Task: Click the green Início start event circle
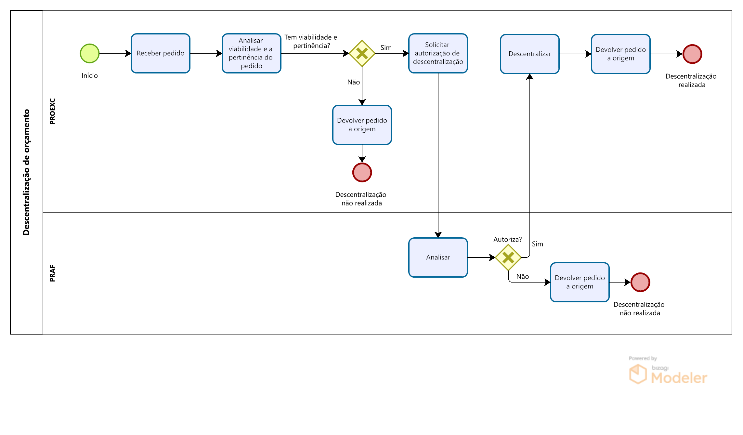90,53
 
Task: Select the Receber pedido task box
161,53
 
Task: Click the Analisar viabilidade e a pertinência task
251,53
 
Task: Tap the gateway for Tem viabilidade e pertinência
362,53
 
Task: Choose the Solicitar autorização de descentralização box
438,53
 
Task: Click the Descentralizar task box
529,54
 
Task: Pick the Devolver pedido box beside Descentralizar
620,54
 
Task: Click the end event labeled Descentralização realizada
692,54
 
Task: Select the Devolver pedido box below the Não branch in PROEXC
362,125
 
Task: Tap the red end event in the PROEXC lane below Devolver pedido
362,172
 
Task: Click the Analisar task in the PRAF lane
438,257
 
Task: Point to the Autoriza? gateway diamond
508,257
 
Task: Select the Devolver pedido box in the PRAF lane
580,282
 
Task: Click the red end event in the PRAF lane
640,282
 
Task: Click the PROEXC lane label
52,112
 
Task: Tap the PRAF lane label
52,273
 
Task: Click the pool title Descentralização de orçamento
26,172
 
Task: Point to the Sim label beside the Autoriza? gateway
537,244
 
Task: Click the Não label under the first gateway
353,82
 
